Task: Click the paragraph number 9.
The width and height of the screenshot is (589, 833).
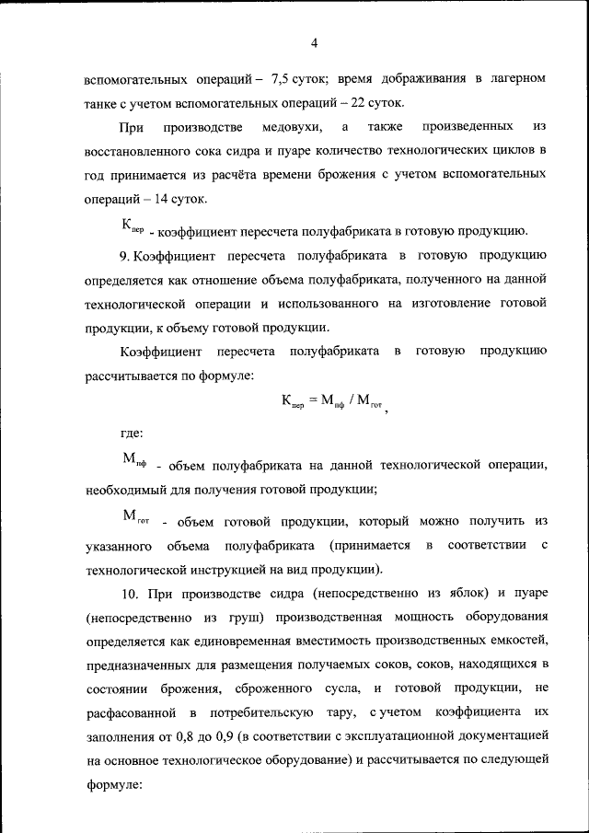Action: pos(124,253)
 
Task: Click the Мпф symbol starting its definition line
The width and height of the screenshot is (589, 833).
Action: pos(134,460)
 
